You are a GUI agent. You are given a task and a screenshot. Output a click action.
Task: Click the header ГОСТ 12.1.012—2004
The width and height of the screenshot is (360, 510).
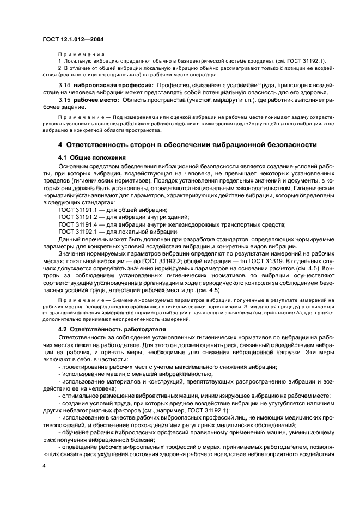pos(73,39)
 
